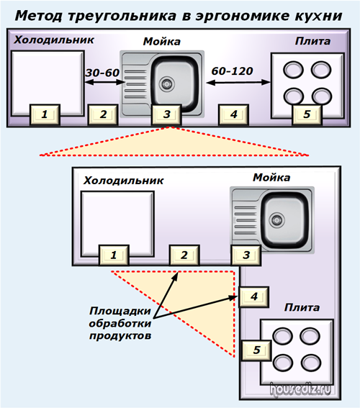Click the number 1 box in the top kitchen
point(45,114)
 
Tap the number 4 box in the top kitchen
point(233,114)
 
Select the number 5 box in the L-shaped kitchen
point(256,350)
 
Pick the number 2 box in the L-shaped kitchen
point(184,255)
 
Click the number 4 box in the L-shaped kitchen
point(253,296)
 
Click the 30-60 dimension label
point(102,73)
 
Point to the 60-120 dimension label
point(232,71)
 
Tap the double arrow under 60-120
point(238,83)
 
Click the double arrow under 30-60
point(105,83)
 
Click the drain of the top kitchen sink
point(166,83)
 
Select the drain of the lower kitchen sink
point(276,220)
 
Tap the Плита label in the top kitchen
point(312,41)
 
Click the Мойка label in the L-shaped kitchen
point(271,178)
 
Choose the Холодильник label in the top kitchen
point(54,40)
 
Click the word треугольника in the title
point(122,16)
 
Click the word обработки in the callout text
point(120,323)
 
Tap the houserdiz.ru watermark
point(300,389)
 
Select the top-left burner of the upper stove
point(293,70)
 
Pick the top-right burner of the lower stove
point(310,335)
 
